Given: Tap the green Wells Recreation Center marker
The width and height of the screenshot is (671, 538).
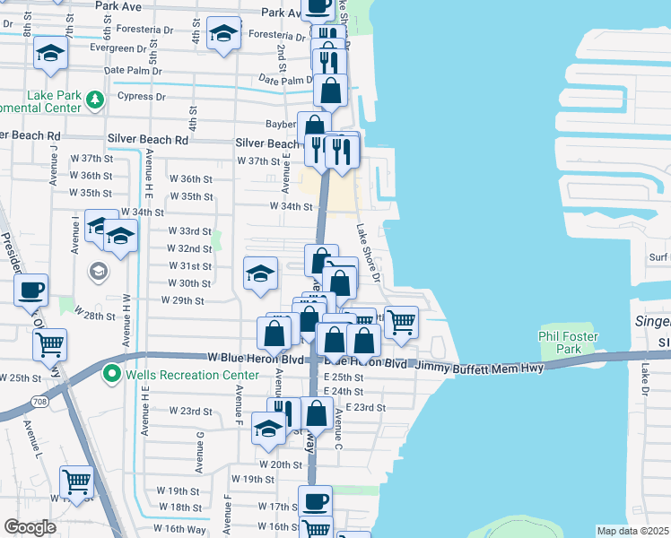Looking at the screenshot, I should point(112,373).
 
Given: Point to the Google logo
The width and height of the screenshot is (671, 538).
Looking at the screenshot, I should point(30,527).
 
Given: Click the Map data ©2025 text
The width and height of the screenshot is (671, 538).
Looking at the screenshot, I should point(632,531).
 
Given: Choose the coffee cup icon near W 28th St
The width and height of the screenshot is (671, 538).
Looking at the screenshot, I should point(31,290).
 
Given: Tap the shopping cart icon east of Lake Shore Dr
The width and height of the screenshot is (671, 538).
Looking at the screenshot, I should point(401,320).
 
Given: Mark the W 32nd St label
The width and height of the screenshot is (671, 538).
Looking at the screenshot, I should point(189,248).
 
